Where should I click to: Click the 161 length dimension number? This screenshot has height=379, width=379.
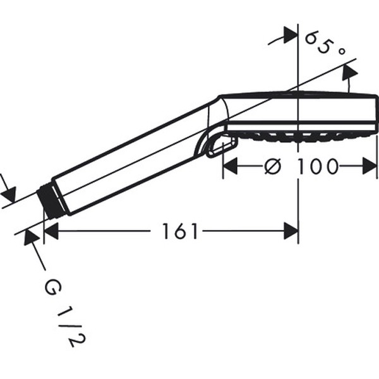pyautogui.click(x=180, y=231)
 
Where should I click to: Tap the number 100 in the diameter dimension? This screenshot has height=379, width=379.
pyautogui.click(x=317, y=166)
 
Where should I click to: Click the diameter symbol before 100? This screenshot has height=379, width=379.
pyautogui.click(x=273, y=166)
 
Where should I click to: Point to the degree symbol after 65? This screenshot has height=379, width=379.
pyautogui.click(x=341, y=51)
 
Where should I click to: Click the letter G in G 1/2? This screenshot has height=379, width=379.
pyautogui.click(x=53, y=287)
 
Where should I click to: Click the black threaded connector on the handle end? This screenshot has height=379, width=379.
pyautogui.click(x=51, y=202)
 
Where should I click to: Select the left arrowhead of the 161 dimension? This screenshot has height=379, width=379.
pyautogui.click(x=51, y=231)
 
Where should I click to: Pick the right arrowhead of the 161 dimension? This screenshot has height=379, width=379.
pyautogui.click(x=291, y=231)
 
